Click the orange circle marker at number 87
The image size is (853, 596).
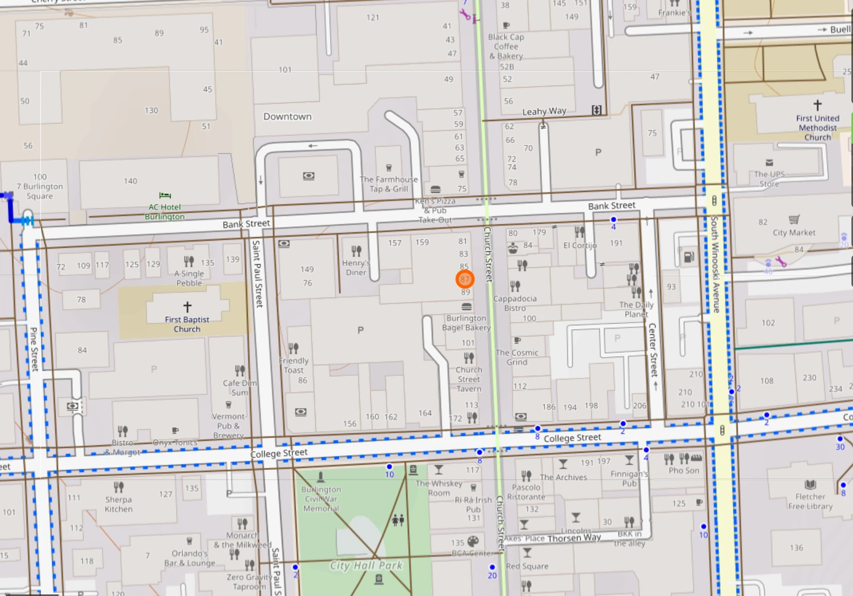click(465, 279)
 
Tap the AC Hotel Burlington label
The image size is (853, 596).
click(164, 212)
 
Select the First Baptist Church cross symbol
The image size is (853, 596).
click(187, 306)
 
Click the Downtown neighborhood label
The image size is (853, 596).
click(287, 116)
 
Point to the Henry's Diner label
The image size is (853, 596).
click(356, 267)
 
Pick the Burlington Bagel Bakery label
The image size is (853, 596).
click(466, 323)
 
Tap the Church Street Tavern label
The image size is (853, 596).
click(469, 379)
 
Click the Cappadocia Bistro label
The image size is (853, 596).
click(515, 303)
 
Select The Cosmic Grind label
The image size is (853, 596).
click(517, 357)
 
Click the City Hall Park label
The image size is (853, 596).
click(366, 566)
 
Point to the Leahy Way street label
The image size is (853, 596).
click(544, 111)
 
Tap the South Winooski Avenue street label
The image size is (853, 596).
click(715, 264)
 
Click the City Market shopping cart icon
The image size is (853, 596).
click(794, 220)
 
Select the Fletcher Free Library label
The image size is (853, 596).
click(810, 501)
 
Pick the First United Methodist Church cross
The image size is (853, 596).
click(817, 105)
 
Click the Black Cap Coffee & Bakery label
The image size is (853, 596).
click(506, 46)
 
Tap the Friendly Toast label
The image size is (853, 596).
click(294, 365)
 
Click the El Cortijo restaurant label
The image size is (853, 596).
click(580, 245)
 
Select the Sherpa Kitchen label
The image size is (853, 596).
click(119, 504)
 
